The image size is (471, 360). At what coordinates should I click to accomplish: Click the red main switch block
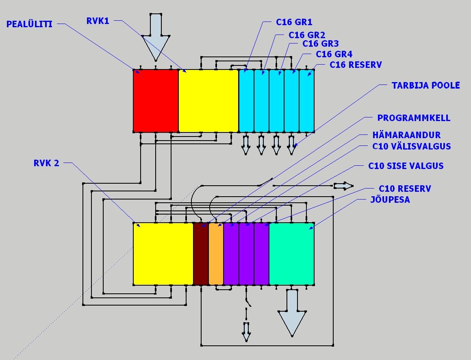[156, 100]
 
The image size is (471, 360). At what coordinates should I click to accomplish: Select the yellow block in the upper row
[208, 100]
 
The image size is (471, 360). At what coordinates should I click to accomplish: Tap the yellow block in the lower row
[163, 254]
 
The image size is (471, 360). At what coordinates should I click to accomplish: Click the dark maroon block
[201, 254]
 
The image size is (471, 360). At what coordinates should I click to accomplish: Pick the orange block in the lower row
[216, 254]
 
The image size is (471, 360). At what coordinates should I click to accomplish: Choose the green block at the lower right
[291, 254]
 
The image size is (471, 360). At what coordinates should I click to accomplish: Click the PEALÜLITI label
[29, 24]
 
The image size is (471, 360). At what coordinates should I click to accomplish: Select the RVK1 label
[98, 21]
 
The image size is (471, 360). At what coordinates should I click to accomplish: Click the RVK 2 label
[46, 163]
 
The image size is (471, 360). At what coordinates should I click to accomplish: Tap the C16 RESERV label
[356, 65]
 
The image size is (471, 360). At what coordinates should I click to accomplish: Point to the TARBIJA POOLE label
[425, 85]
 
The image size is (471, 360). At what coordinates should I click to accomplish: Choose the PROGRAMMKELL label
[414, 118]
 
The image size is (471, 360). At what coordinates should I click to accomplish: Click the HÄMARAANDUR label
[406, 135]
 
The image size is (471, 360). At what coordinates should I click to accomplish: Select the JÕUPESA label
[390, 200]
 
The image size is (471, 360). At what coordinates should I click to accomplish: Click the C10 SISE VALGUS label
[406, 166]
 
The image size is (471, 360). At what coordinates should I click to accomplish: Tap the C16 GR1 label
[294, 22]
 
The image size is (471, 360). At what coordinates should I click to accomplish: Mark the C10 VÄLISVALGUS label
[411, 146]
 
